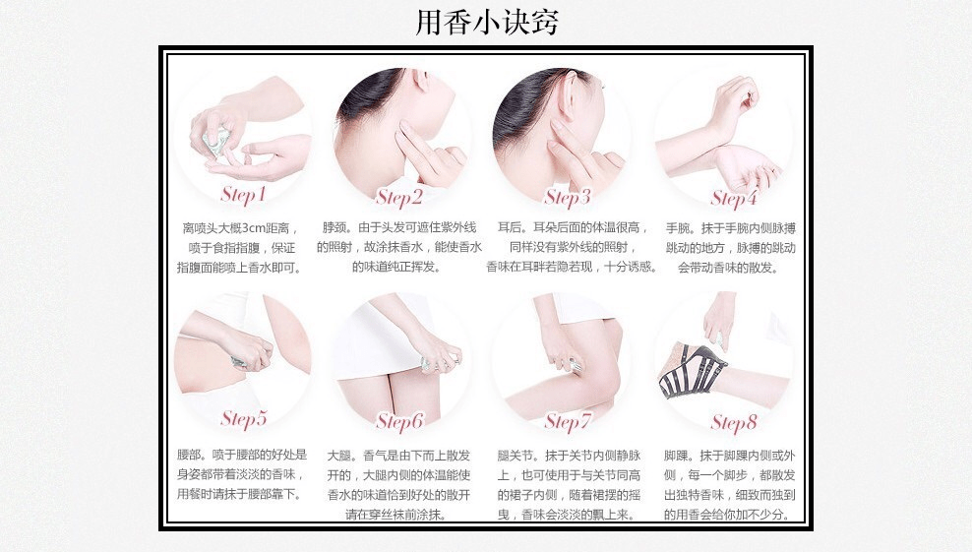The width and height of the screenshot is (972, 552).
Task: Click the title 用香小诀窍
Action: pos(487,23)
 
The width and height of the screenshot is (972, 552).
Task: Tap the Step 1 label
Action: pos(243,194)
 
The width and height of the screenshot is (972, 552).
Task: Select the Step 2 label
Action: pos(398,197)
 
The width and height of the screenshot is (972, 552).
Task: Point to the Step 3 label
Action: pos(568,197)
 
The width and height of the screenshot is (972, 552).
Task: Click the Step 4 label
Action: pos(734,199)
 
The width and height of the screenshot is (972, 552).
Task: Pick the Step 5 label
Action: pos(244,418)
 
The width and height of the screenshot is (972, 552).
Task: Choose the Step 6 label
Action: pos(399,422)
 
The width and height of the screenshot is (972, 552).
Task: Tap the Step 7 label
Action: pos(568,422)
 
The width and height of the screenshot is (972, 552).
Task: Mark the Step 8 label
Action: pos(735,423)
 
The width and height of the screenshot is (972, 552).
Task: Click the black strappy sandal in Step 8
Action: pos(692,370)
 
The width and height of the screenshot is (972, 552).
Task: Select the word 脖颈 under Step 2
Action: pos(334,227)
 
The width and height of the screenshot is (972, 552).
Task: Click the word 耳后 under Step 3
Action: pos(509,227)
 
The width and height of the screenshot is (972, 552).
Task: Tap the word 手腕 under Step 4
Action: pos(678,228)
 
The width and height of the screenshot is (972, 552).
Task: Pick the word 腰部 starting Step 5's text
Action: pos(189,455)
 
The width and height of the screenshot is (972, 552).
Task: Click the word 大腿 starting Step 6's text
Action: pos(339,456)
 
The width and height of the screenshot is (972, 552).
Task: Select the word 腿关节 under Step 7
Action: pos(516,456)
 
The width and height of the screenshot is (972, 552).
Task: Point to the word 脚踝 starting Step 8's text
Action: pos(676,456)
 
